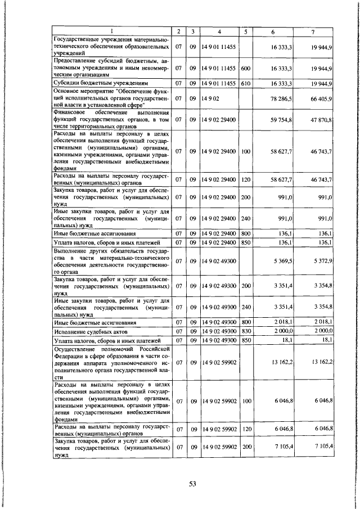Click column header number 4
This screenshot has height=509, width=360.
219,31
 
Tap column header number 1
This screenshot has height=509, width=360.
111,31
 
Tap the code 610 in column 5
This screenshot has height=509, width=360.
245,83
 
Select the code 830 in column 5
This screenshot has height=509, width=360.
245,332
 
